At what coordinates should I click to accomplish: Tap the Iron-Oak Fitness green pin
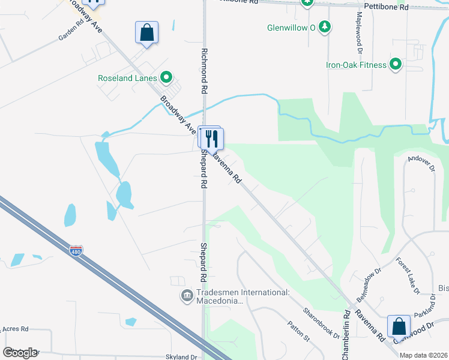(x=396, y=64)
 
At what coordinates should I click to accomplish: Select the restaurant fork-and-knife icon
(x=211, y=139)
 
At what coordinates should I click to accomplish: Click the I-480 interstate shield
(x=76, y=250)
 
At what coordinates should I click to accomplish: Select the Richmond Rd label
(x=204, y=70)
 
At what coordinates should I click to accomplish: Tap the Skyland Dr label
(x=181, y=357)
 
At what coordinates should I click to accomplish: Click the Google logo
(x=19, y=352)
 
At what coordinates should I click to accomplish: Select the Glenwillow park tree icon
(x=325, y=27)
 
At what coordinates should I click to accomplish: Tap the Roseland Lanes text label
(x=128, y=78)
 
